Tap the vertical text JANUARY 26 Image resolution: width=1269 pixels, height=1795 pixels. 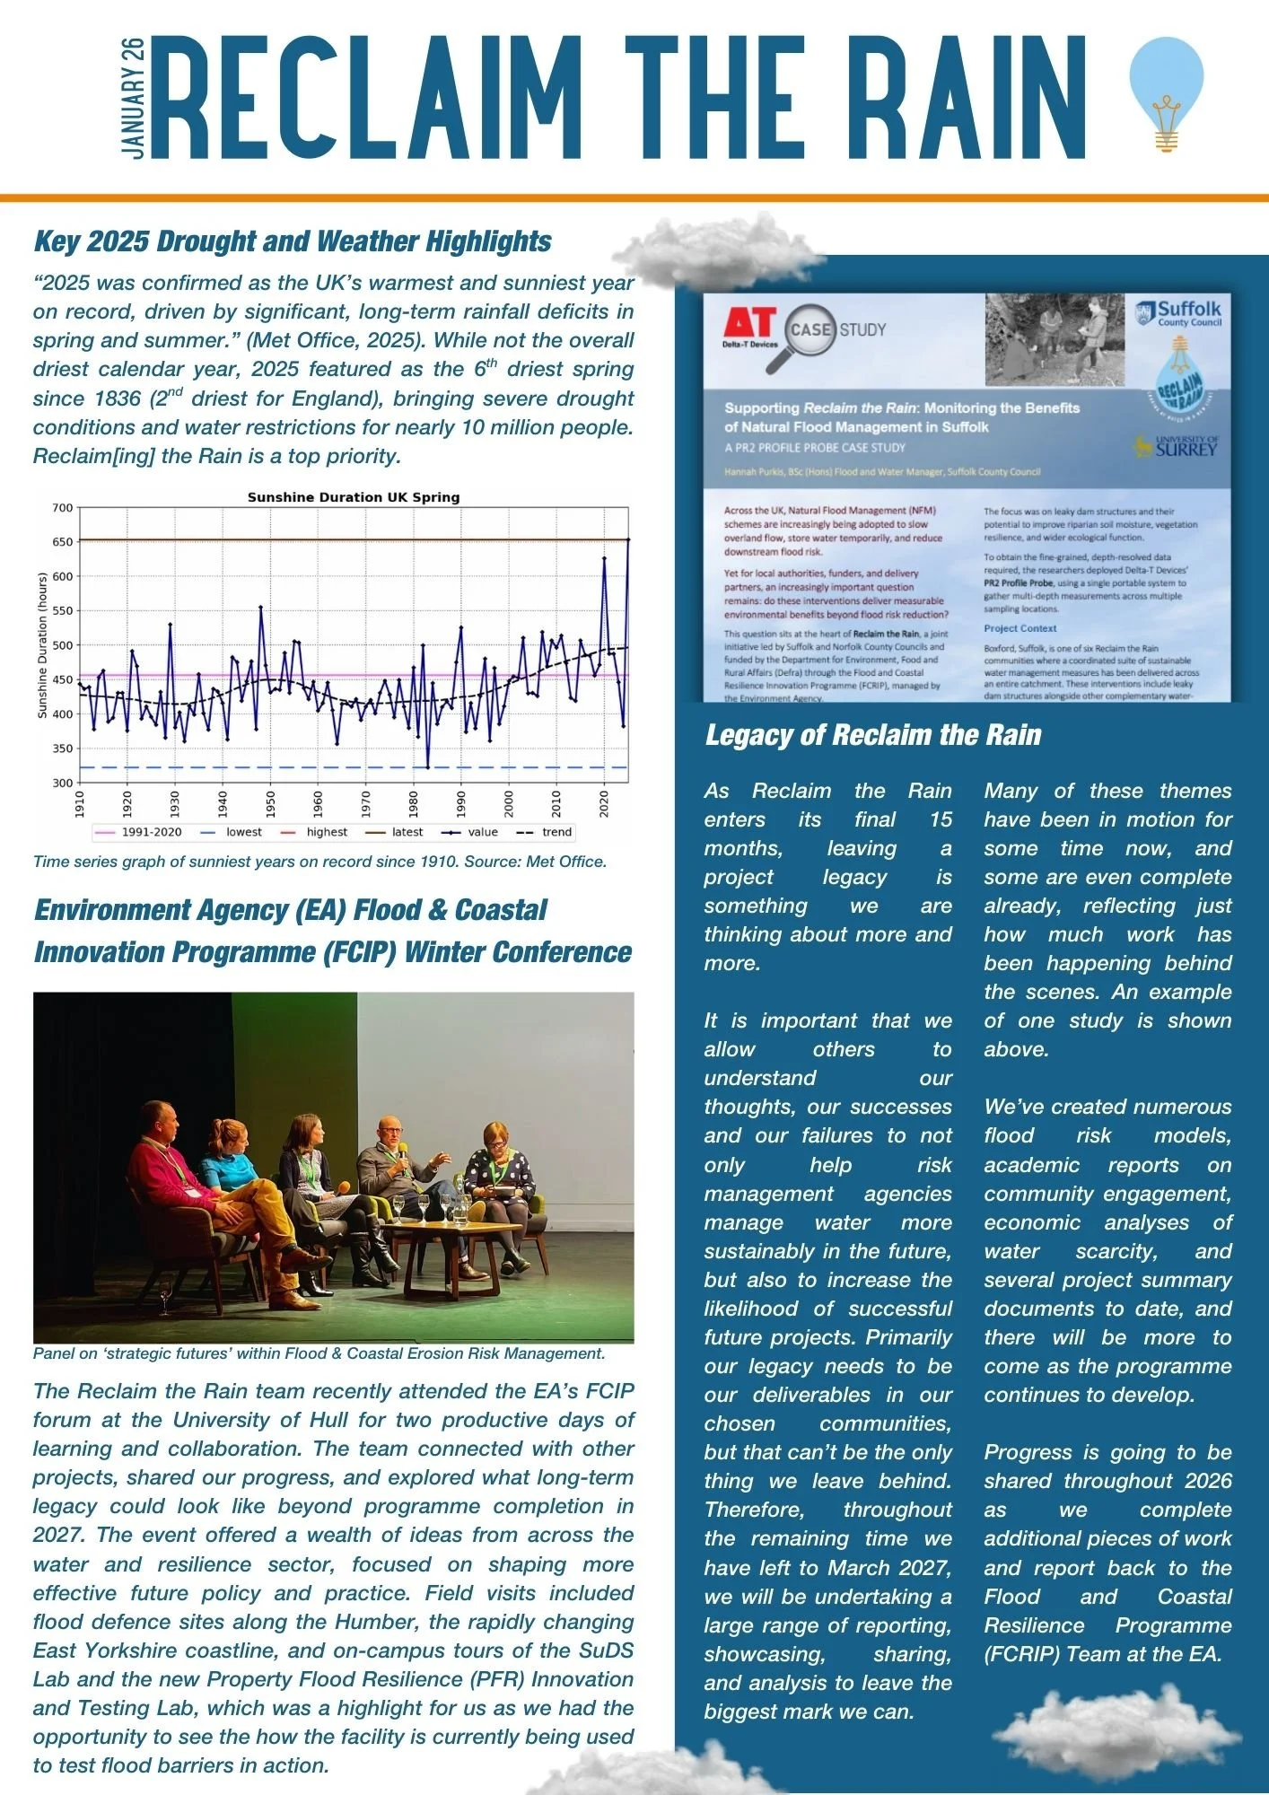(133, 99)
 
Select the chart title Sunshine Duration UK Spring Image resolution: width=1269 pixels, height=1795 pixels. (353, 497)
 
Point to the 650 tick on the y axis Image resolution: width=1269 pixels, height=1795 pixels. (63, 542)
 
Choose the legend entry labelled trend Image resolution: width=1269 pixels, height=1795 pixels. (546, 832)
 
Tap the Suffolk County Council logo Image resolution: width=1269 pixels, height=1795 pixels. (1178, 313)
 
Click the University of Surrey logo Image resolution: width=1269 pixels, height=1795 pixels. (1177, 446)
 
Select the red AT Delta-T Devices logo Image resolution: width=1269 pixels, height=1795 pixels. (750, 328)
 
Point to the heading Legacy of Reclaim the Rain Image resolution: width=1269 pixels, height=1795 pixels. (872, 735)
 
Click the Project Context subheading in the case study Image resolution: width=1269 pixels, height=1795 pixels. (1020, 628)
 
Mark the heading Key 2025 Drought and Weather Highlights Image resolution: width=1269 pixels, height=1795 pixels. (293, 241)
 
